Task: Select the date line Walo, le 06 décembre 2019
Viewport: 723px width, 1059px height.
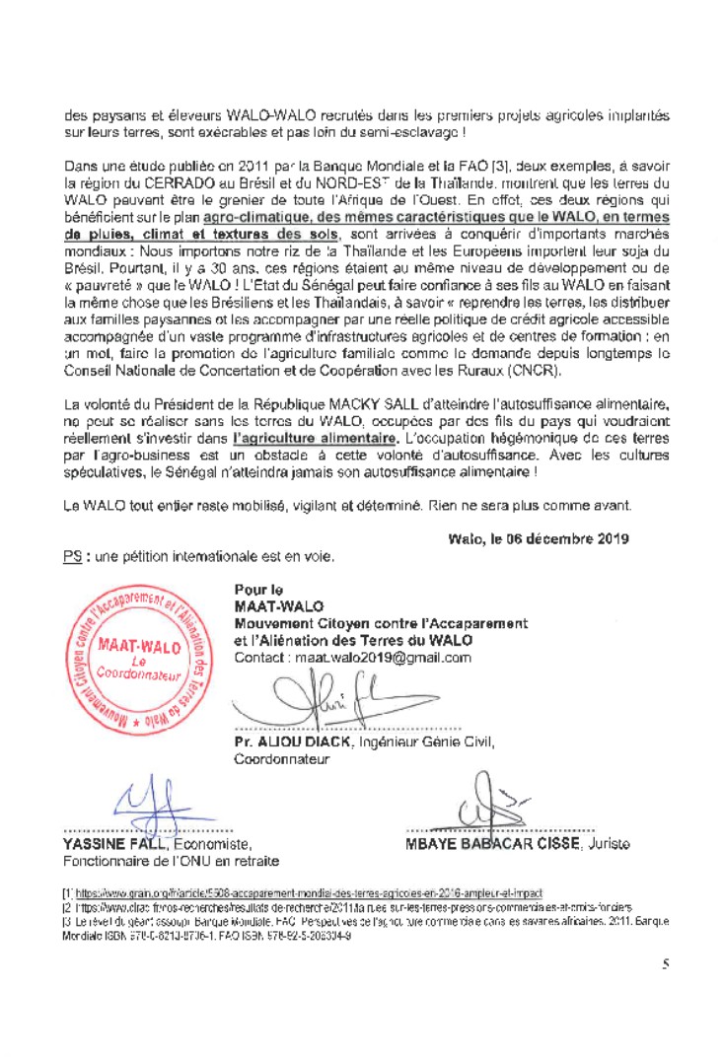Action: click(539, 538)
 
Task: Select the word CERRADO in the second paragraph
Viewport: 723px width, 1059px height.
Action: click(165, 183)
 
